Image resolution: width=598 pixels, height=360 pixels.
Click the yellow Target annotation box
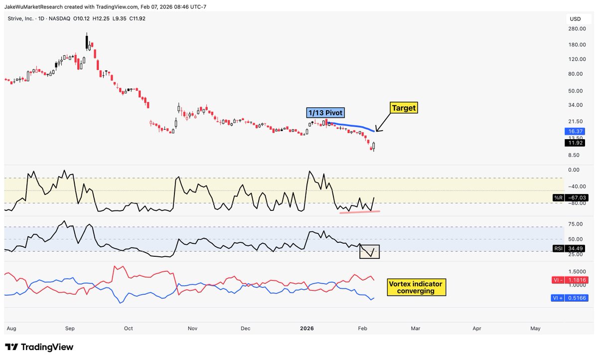[404, 108]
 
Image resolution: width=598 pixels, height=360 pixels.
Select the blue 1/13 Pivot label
[325, 113]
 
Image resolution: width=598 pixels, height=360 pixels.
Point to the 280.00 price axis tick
[577, 29]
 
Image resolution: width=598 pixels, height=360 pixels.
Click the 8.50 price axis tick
[575, 155]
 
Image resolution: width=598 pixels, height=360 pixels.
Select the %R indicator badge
[558, 198]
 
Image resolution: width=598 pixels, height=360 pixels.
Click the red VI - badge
[561, 280]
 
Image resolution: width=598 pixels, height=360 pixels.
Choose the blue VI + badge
[561, 298]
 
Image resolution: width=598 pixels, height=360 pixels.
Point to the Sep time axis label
[70, 329]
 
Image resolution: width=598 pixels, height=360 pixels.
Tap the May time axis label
[535, 329]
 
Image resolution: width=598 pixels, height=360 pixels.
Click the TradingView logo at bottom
[39, 347]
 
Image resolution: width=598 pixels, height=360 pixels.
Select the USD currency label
[575, 18]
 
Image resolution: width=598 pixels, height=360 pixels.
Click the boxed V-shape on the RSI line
[370, 252]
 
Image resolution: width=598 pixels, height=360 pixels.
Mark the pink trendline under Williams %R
[359, 212]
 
